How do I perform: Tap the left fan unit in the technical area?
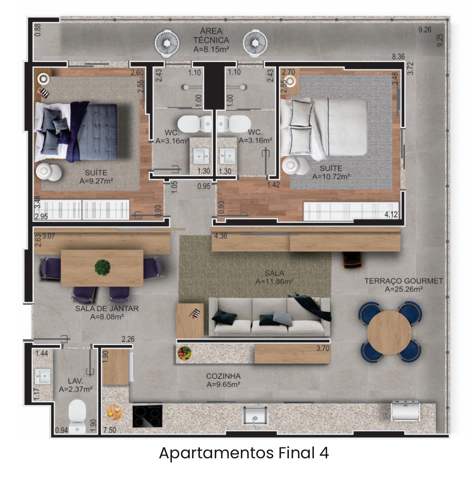click(167, 43)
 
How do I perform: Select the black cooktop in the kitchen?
click(147, 416)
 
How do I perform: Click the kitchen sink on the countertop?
click(255, 416)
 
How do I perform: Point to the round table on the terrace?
click(389, 332)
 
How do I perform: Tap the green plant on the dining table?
click(102, 267)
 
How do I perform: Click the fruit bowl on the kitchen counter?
click(184, 353)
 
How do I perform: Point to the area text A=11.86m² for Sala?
click(274, 282)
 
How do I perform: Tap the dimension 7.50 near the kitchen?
click(110, 430)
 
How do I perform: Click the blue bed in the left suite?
click(76, 132)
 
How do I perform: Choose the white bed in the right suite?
click(324, 129)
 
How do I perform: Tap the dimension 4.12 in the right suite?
click(391, 214)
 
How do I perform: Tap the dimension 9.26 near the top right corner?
click(425, 30)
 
